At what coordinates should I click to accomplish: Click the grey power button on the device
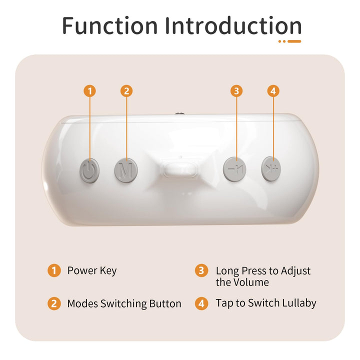point(89,170)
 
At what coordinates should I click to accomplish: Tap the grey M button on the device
point(126,170)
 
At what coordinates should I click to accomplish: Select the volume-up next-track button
point(271,169)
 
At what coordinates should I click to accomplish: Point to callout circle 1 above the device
point(90,91)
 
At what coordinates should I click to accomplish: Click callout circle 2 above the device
point(126,91)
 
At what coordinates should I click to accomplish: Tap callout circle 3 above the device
point(236,91)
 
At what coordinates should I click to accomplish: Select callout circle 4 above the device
point(273,91)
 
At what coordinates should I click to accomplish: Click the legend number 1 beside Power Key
point(54,270)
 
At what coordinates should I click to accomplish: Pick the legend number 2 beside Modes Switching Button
point(54,303)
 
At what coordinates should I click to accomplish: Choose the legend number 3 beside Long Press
point(201,270)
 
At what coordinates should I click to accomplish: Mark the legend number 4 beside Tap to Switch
point(201,303)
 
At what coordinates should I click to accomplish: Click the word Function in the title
point(109,25)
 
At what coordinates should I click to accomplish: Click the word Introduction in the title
point(233,25)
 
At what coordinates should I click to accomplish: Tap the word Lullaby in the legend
point(299,303)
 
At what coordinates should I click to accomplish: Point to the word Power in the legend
point(82,270)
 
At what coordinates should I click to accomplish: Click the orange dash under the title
point(294,41)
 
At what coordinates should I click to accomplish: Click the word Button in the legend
point(165,303)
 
